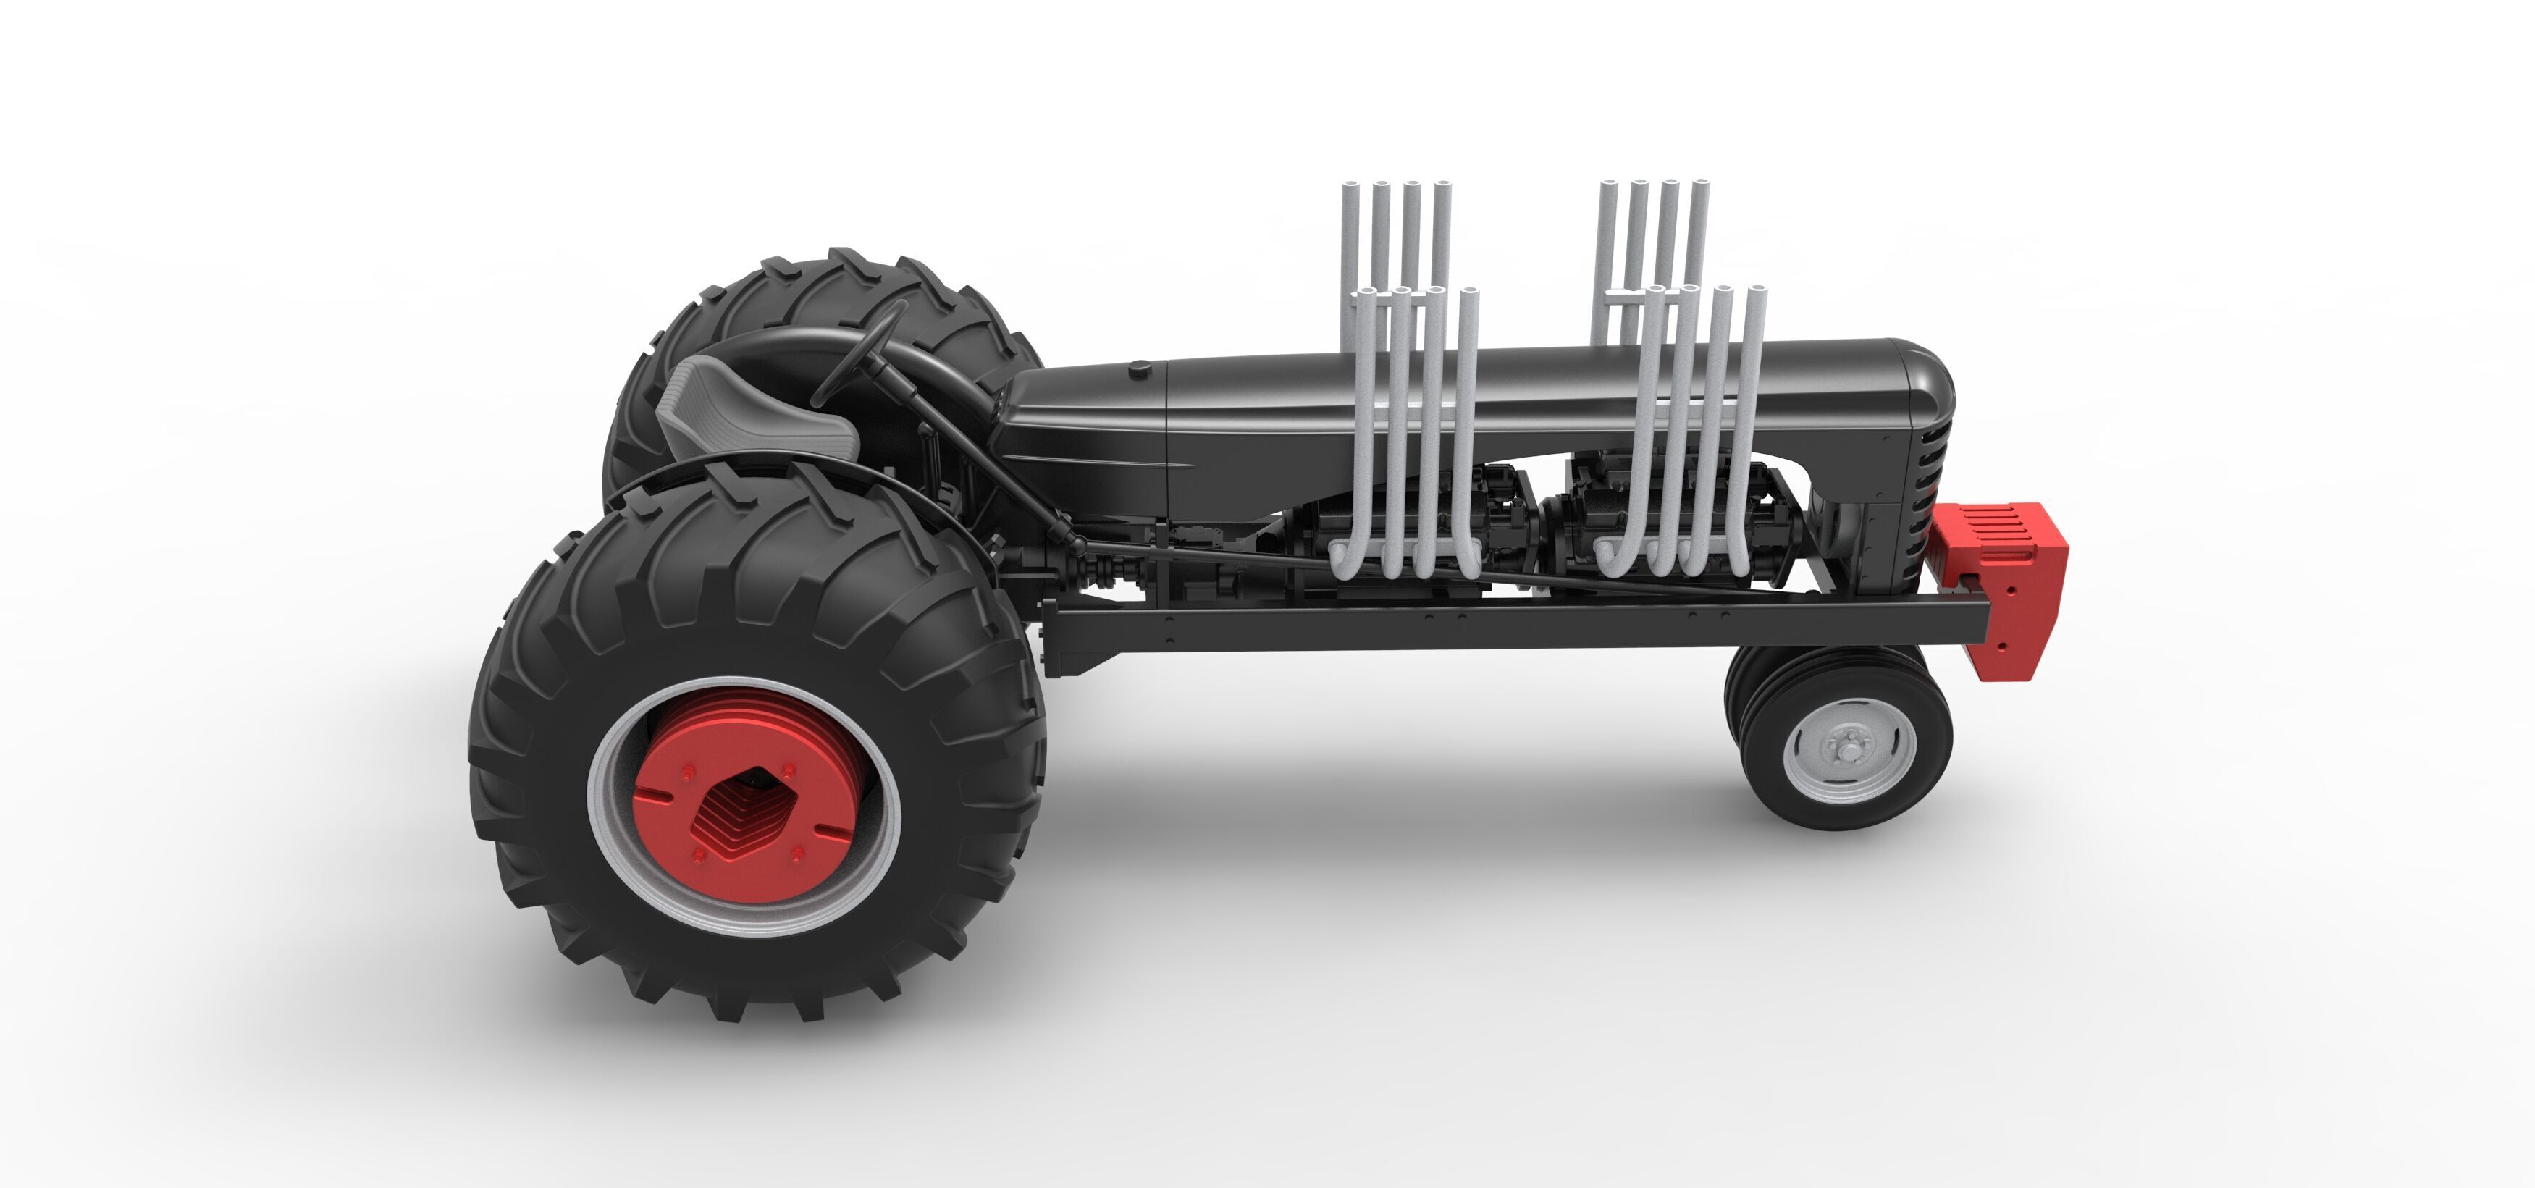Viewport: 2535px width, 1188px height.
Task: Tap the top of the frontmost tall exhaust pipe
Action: pos(1757,291)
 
